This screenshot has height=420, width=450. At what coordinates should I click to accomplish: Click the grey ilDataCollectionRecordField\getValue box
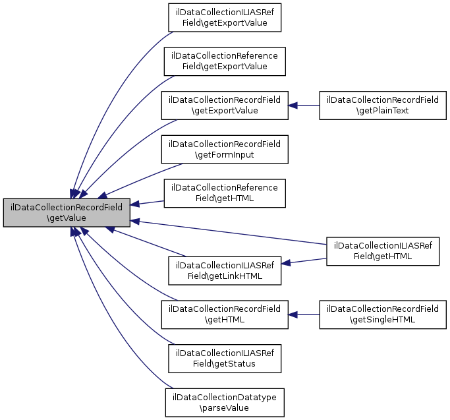point(67,212)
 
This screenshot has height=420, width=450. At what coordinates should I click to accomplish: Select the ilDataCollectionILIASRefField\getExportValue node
point(225,18)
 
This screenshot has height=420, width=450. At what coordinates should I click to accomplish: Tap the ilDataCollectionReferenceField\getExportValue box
point(225,61)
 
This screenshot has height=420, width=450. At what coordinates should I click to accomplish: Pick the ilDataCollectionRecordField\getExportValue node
point(225,105)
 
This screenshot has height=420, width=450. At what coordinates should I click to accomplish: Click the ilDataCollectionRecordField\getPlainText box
point(383,105)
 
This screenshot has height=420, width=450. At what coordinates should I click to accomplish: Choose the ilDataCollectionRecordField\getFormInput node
point(225,150)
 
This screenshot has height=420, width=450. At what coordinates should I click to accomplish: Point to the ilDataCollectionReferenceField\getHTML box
point(225,193)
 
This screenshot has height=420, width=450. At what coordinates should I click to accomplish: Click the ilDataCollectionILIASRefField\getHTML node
point(383,251)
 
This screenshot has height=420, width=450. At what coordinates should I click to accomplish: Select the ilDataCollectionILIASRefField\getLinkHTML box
point(225,271)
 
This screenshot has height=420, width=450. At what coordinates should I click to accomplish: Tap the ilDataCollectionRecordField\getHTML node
point(225,315)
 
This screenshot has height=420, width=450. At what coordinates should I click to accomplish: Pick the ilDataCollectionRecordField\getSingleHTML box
point(383,315)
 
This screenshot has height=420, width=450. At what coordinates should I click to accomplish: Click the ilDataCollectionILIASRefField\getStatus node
point(225,359)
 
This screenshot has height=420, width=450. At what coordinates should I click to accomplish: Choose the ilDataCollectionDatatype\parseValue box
point(225,402)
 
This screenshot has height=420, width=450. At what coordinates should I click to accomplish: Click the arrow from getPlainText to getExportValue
point(304,105)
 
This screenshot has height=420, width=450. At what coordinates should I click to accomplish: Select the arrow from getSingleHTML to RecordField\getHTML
point(304,315)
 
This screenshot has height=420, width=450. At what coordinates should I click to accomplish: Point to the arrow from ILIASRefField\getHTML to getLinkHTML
point(304,261)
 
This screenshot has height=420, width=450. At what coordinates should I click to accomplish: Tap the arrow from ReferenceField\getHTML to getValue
point(147,203)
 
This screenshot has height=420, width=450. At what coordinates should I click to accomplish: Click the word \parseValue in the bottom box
point(224,408)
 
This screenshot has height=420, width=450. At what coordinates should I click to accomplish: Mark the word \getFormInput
point(225,155)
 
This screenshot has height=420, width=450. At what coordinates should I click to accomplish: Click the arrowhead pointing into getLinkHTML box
point(286,263)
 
